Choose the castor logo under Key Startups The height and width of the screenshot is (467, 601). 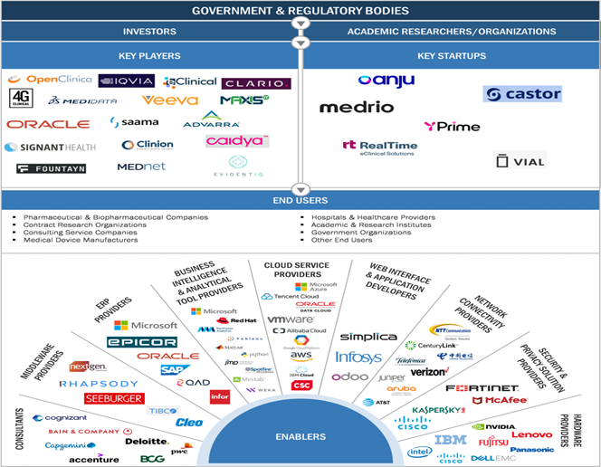[x=522, y=94]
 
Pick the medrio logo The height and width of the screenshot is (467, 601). [x=357, y=107]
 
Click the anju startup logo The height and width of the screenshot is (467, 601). [x=386, y=81]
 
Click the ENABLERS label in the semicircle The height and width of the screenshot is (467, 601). [x=300, y=437]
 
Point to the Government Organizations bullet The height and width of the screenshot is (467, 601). [x=348, y=232]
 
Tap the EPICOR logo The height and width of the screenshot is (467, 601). [x=141, y=342]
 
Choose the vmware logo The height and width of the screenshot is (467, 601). [x=291, y=319]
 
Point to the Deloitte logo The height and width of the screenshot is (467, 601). [x=147, y=442]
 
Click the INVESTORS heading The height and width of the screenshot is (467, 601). [x=149, y=32]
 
